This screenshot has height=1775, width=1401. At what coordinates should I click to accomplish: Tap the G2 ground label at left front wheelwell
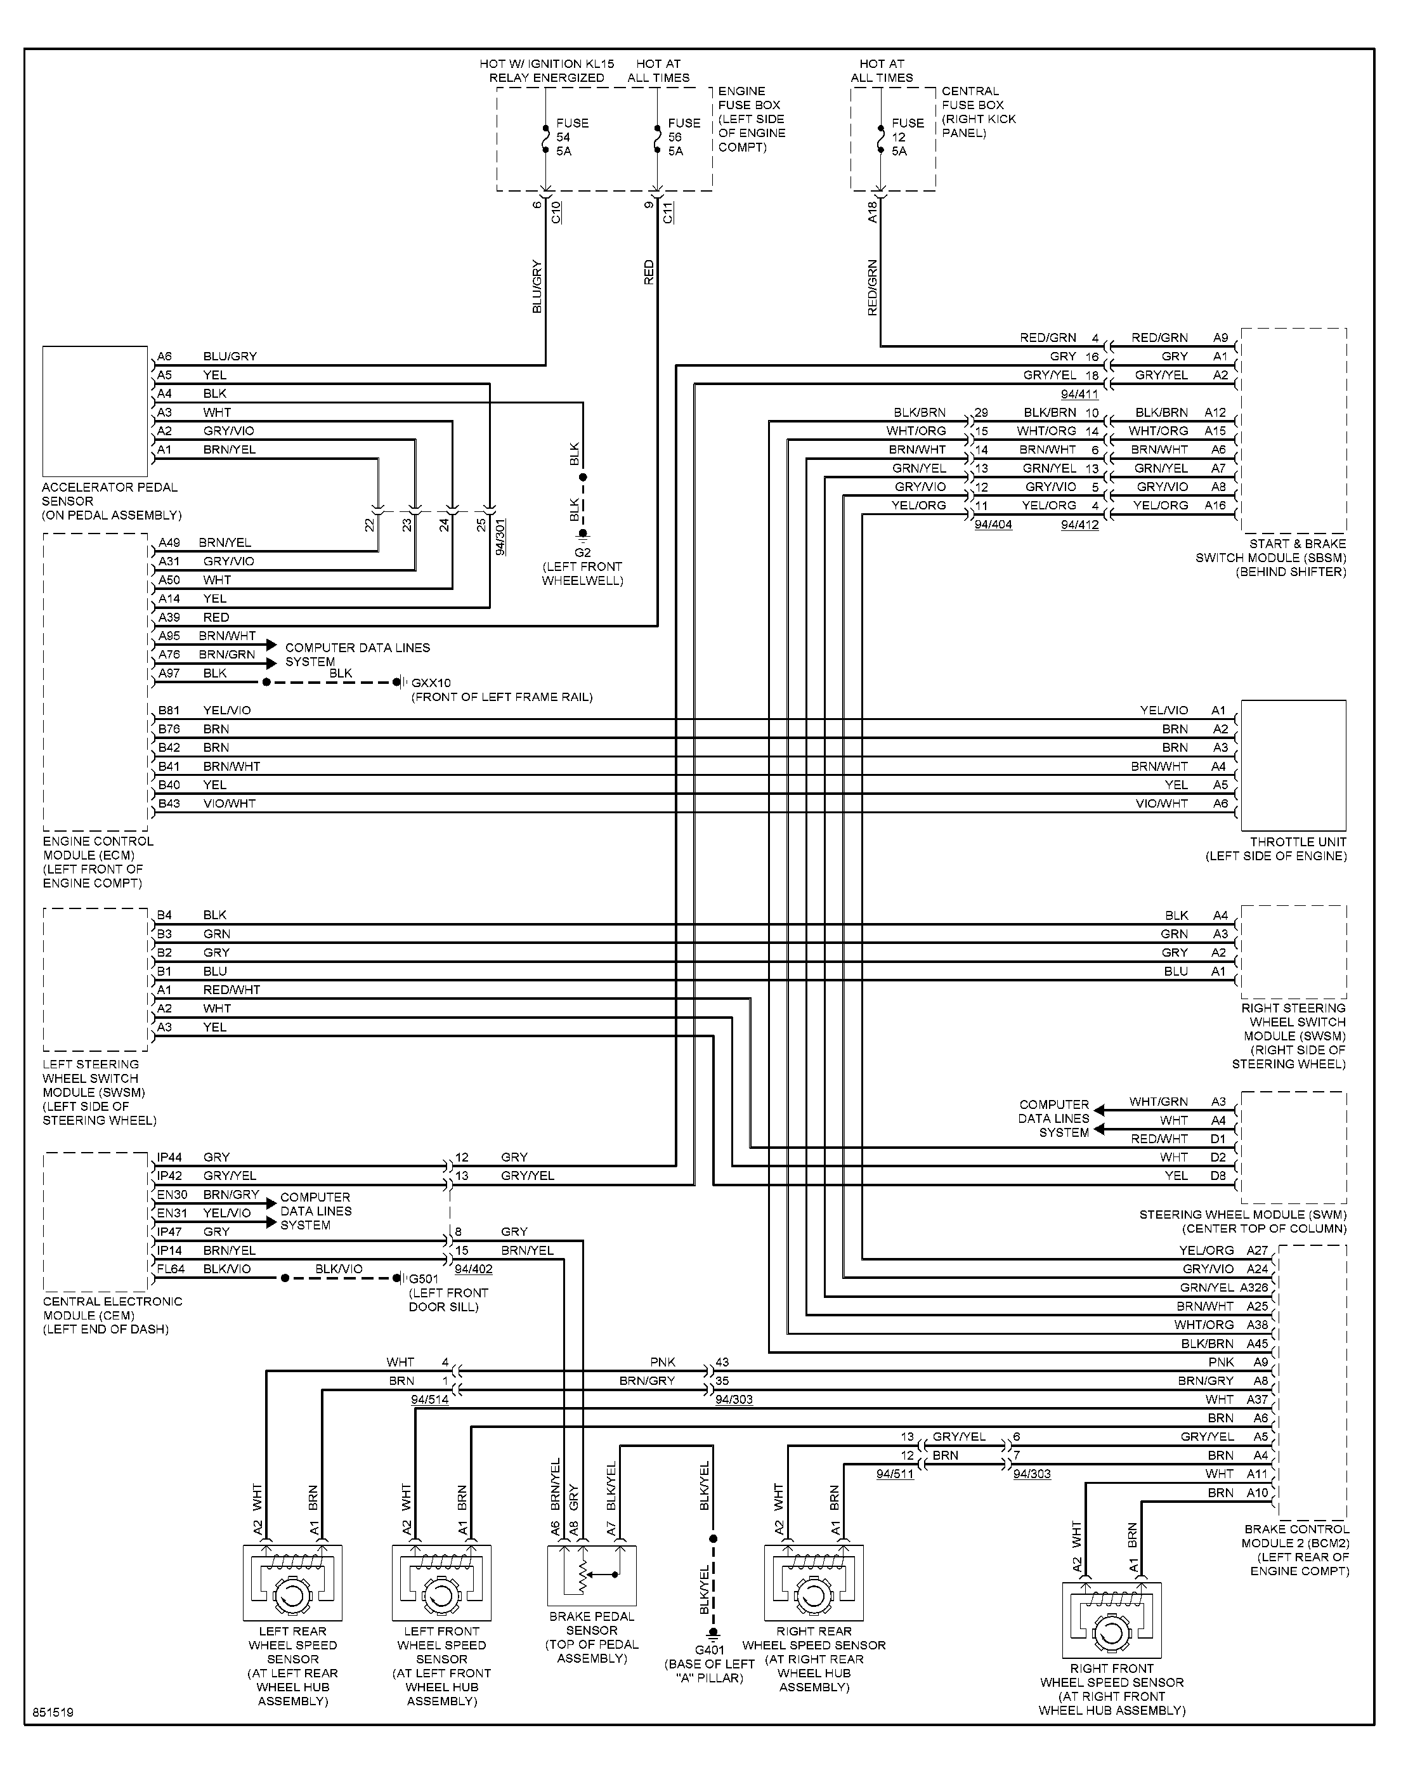582,553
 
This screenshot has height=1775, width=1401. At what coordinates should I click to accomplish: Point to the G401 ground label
710,1650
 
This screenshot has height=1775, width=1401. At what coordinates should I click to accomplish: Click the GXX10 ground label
431,683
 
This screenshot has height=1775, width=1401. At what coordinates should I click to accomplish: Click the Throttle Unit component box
1294,765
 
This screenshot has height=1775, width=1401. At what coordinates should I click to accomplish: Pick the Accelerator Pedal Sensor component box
95,411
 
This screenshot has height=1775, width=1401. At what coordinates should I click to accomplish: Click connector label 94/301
501,537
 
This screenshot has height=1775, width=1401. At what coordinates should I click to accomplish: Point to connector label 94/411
1079,395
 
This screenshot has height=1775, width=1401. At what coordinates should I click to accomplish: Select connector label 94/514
430,1399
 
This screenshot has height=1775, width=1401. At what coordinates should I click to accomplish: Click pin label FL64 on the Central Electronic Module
171,1269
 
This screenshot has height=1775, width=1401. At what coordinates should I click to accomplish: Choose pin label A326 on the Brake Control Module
1254,1288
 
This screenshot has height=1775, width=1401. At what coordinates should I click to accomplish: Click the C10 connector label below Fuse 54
556,213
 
